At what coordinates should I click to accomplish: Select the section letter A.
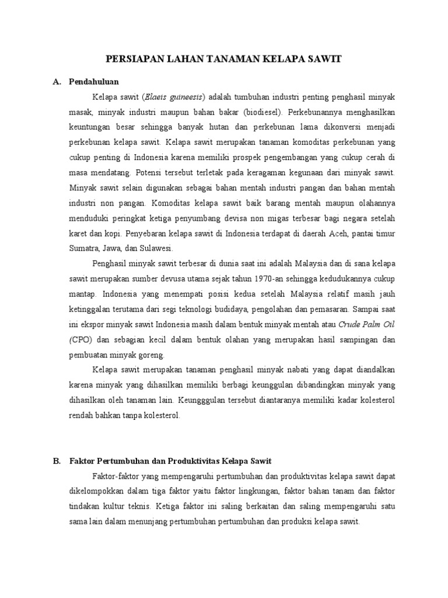(x=57, y=81)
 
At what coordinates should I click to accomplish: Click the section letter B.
(x=57, y=461)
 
